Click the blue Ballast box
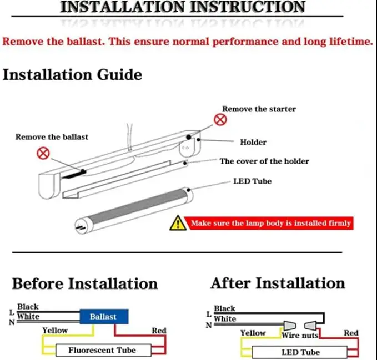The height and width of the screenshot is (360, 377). coord(104,317)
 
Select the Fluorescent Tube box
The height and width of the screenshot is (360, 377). coord(102,350)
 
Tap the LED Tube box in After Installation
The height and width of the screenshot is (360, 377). coord(301,352)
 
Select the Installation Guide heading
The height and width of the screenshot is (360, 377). coord(72,74)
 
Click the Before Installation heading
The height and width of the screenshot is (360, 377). coord(85,283)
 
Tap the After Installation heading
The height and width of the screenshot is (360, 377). coord(278,283)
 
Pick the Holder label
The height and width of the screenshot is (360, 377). coord(253,142)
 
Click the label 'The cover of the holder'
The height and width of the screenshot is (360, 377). coord(264,161)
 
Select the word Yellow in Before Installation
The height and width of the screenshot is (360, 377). coord(55,330)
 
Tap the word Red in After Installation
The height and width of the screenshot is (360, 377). coord(351,333)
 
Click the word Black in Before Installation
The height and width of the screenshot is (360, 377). coord(28,306)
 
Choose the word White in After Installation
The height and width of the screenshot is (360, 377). coord(225,318)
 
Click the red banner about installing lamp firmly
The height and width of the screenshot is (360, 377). coord(270,223)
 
